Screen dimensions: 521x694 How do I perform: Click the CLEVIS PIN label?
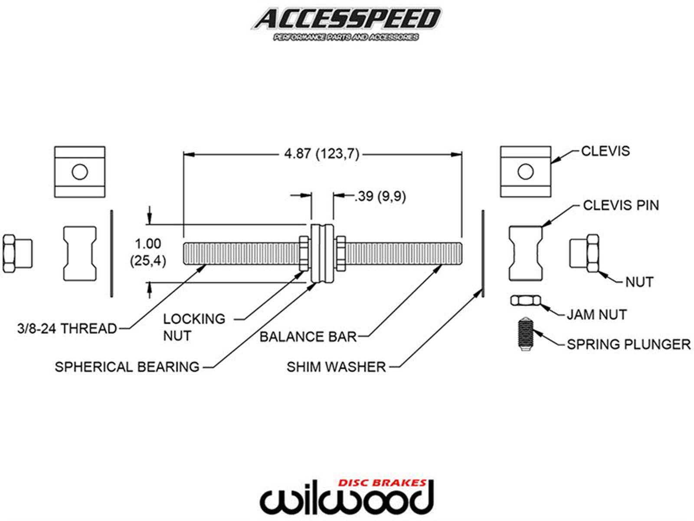coord(621,205)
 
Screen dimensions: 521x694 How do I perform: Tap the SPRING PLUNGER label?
coord(629,344)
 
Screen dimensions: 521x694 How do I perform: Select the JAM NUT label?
coord(597,314)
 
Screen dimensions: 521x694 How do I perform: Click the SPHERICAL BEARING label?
coord(127,367)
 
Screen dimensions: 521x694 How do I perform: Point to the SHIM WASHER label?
coord(336,367)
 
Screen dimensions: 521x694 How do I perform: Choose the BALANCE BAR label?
coord(308,336)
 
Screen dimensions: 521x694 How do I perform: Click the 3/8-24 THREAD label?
coord(67,328)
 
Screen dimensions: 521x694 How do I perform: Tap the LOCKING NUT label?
coord(194,327)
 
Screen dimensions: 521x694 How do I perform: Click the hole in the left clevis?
coord(80,172)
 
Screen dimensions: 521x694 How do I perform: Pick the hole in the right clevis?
coord(525,172)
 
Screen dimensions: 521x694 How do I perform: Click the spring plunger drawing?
coord(524,333)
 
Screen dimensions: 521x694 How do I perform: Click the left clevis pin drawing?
coord(80,253)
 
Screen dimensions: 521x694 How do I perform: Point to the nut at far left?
coord(16,254)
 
